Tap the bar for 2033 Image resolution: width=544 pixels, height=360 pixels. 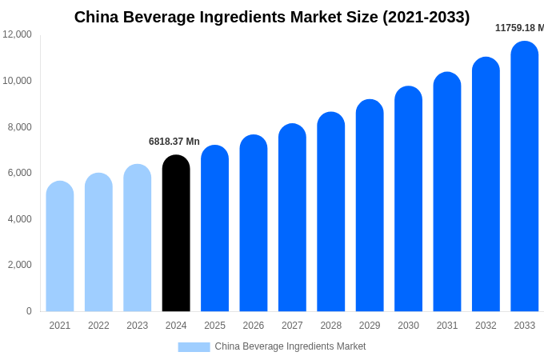[x=525, y=176]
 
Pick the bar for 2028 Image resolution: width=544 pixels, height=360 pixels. [x=331, y=212]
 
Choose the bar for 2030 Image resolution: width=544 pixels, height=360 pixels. [x=409, y=199]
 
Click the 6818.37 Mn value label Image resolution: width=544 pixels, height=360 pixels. [x=174, y=142]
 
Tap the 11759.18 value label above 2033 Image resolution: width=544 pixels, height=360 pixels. [x=519, y=28]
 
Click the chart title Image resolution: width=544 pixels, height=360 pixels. [x=272, y=17]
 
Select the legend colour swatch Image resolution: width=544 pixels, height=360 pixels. [x=194, y=347]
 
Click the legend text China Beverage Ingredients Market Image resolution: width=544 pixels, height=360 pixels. [x=290, y=346]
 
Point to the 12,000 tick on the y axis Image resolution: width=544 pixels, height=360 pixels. [x=18, y=34]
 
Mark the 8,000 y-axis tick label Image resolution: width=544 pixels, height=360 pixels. [x=20, y=126]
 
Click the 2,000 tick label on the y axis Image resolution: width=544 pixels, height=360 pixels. [x=20, y=265]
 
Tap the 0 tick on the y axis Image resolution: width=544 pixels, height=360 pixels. [x=29, y=311]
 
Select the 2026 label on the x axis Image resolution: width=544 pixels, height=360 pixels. [x=254, y=326]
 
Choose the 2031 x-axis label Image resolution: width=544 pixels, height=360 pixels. [x=447, y=326]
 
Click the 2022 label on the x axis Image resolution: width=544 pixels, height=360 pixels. [x=98, y=326]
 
